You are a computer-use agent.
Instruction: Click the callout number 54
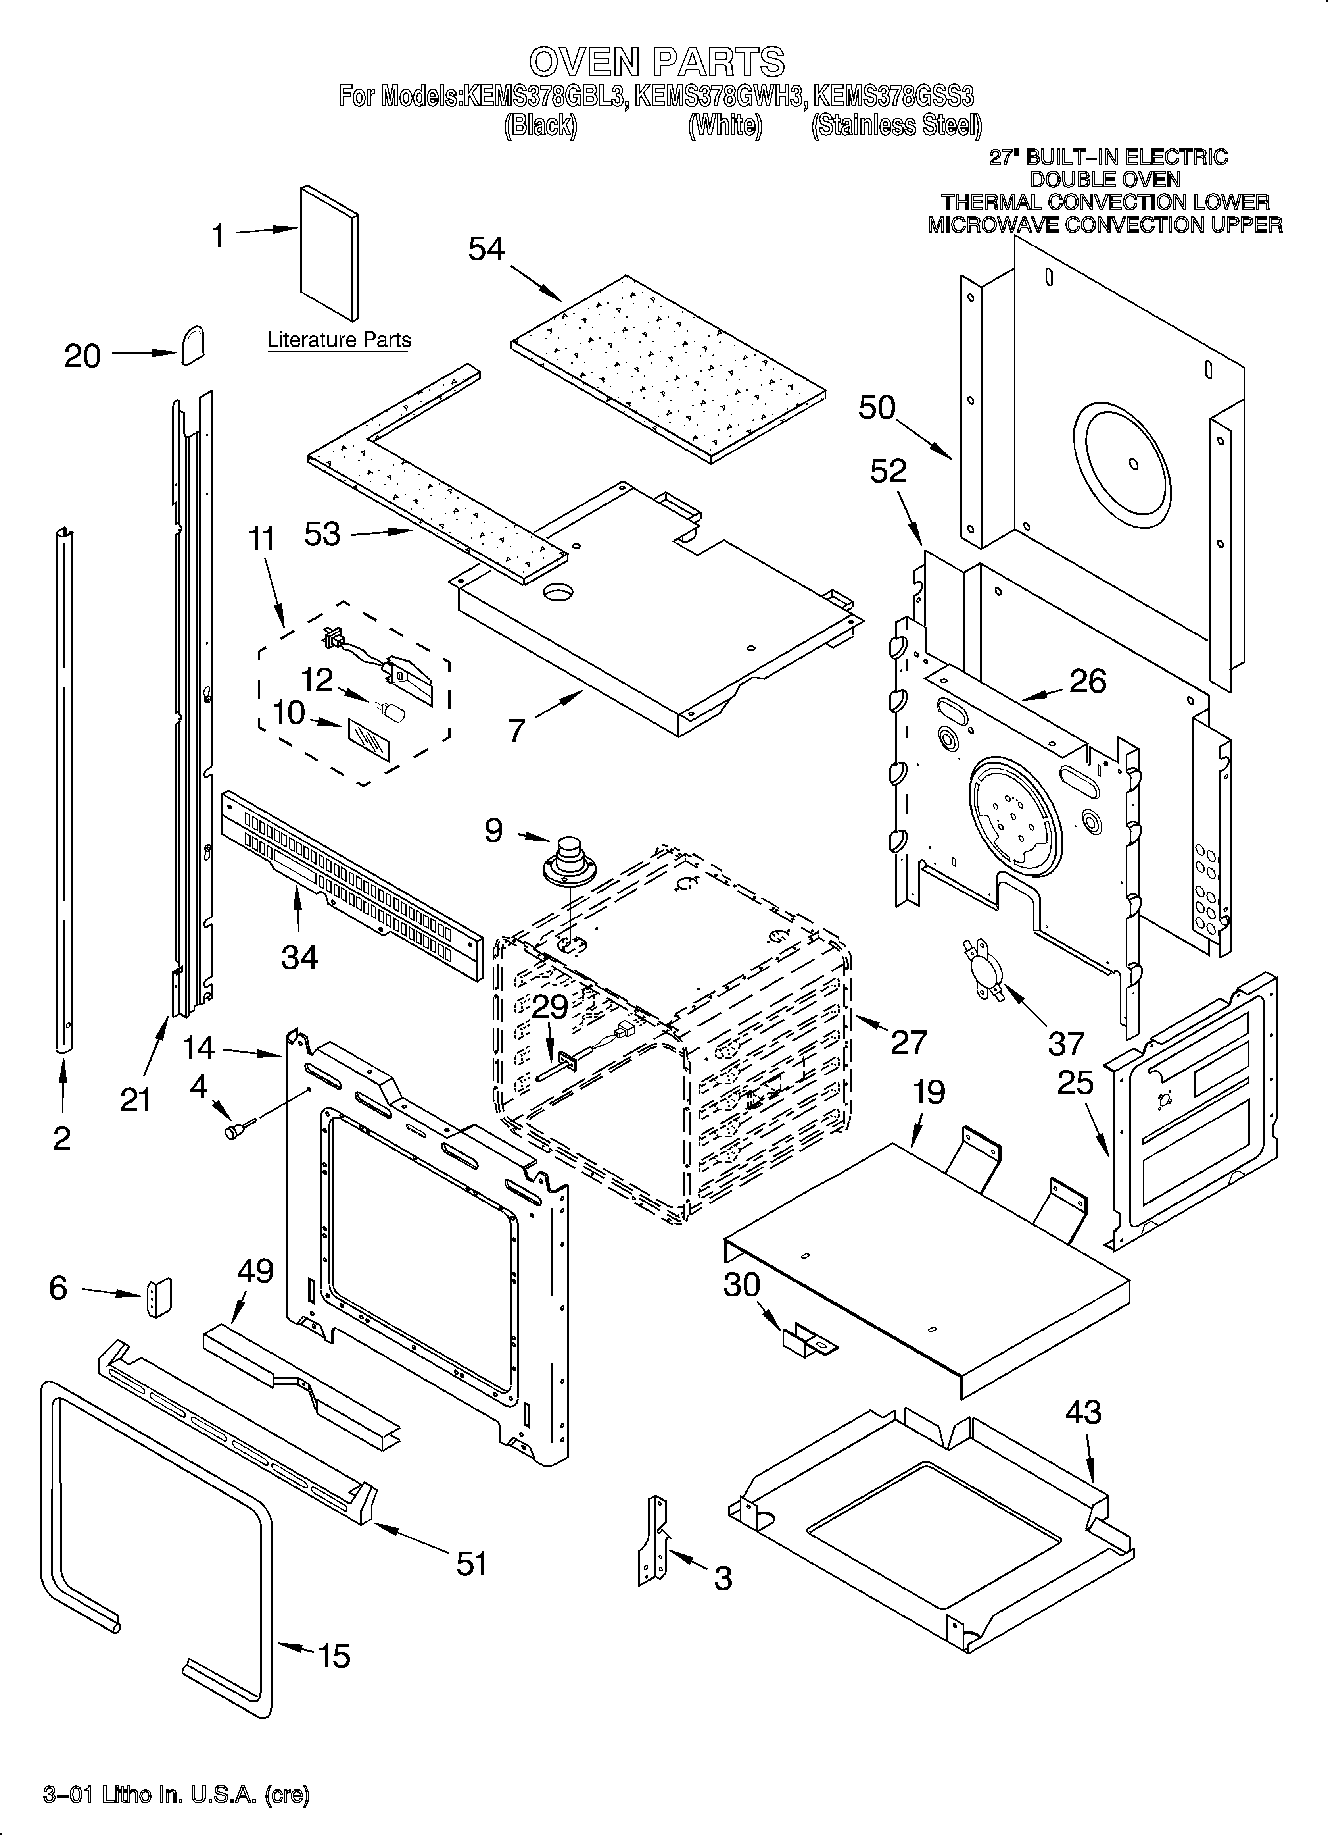click(486, 249)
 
